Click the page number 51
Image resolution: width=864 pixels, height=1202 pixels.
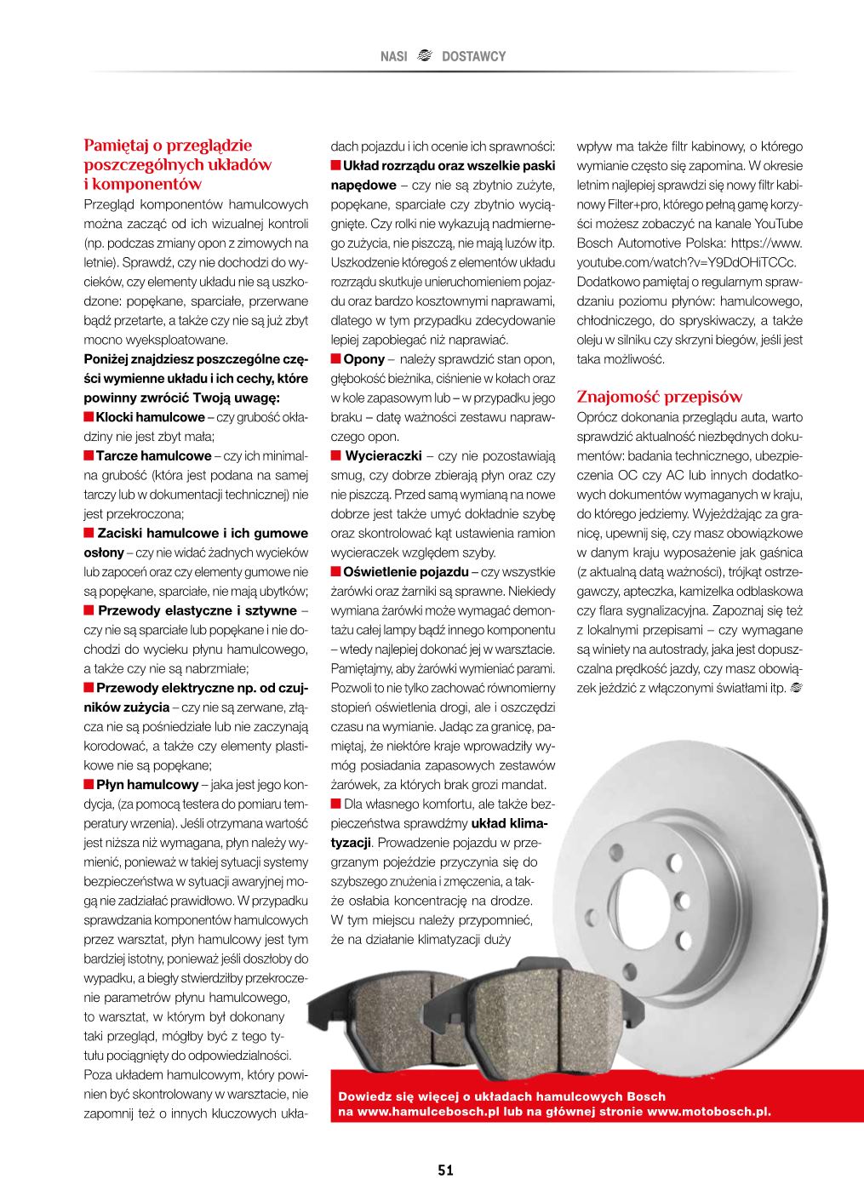tap(445, 1170)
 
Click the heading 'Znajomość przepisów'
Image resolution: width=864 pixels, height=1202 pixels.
tap(660, 397)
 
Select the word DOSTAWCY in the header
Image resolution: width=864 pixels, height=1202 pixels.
tap(473, 56)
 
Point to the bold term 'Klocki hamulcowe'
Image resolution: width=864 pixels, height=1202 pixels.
tap(150, 417)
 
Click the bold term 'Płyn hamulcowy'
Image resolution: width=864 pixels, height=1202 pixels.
tap(146, 784)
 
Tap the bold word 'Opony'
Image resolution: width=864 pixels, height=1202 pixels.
tap(364, 359)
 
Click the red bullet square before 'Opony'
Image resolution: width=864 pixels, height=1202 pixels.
tap(335, 359)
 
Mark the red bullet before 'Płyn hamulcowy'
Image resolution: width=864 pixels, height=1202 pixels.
tap(89, 784)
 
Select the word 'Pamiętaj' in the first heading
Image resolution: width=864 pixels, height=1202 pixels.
tap(117, 146)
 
